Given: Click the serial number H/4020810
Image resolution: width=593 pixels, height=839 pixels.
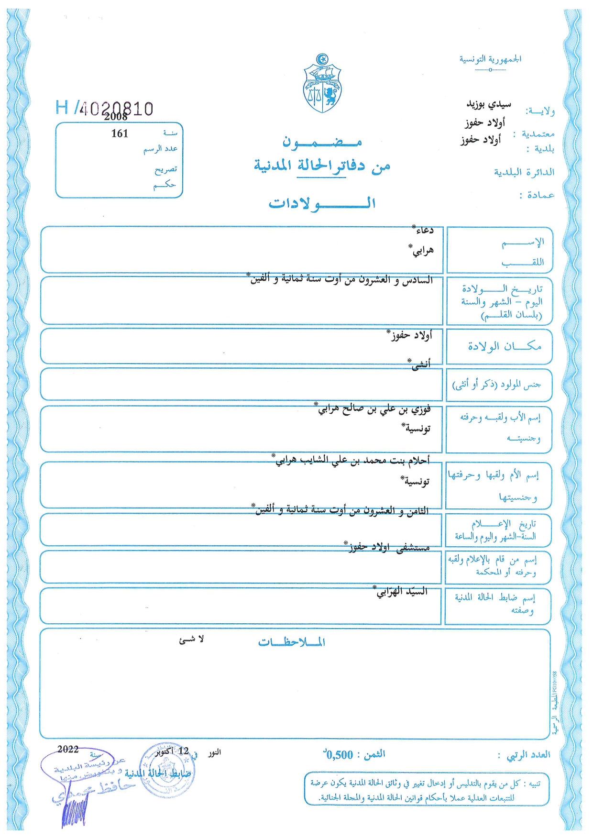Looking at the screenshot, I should (x=105, y=108).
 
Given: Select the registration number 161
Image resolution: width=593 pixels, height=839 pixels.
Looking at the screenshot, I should (x=120, y=134).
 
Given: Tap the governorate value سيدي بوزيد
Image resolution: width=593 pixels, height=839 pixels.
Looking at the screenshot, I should (x=488, y=104).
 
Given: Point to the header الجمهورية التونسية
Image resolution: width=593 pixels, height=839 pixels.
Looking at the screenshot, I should (x=490, y=59).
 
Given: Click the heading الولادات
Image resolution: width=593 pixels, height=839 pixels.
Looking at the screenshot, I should (x=322, y=203).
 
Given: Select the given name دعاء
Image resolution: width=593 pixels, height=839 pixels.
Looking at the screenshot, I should (x=423, y=230).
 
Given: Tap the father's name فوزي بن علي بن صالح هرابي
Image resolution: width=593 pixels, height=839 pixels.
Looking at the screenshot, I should (x=374, y=408).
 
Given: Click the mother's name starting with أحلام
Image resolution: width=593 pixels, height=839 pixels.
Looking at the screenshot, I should (x=352, y=460).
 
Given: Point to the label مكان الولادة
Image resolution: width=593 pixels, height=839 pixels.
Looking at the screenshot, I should (x=504, y=346).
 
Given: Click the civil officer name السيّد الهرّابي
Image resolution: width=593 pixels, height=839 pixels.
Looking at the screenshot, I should (x=401, y=592).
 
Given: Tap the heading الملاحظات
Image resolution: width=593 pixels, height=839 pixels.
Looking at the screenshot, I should (x=292, y=642).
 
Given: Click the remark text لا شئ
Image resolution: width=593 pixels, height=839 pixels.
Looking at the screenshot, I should (x=191, y=640).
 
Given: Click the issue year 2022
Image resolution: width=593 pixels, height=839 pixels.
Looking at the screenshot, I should (x=68, y=749).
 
